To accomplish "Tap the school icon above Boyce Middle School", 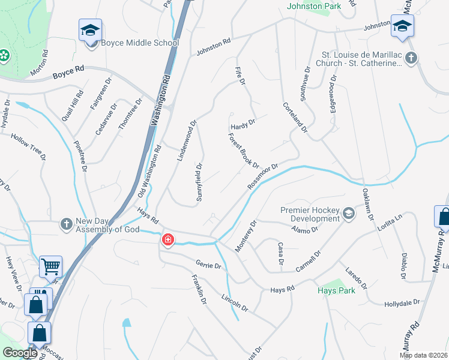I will tap(90, 30).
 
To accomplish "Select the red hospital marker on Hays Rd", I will tap(168, 241).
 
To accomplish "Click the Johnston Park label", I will tap(315, 7).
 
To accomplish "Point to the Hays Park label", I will tap(336, 290).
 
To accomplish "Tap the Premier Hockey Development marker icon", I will tap(348, 214).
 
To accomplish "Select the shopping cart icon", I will tap(50, 266).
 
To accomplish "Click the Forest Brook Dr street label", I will tap(243, 150).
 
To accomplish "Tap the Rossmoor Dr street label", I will tap(264, 177).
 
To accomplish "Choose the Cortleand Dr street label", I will tap(295, 116).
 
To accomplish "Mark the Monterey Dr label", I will tap(246, 236).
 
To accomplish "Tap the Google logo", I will tap(20, 353).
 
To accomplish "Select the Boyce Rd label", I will tap(68, 73).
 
